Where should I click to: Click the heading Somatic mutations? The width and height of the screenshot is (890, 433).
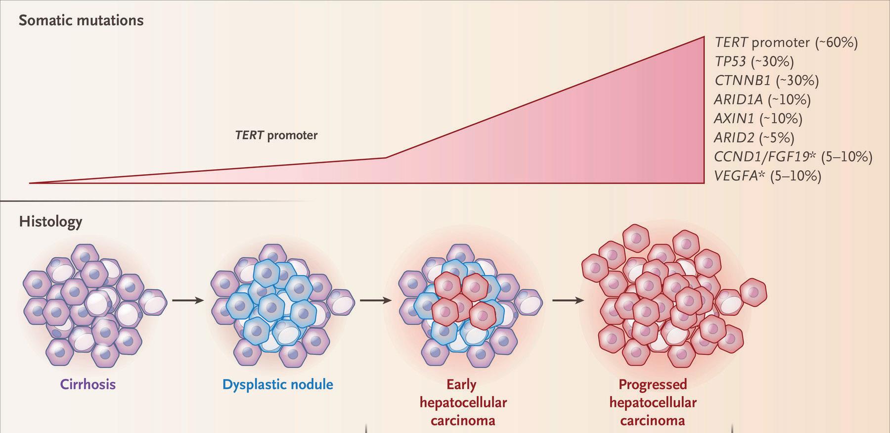coord(81,21)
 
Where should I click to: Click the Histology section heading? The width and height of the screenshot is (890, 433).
coord(50,221)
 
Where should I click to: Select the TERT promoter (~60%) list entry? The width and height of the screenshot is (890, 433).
coord(786,43)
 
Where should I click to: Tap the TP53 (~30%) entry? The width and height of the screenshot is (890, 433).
coord(754,61)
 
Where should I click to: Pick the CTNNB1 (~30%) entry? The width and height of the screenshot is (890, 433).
coord(766,80)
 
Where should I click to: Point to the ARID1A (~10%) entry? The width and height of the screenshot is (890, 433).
coord(762,99)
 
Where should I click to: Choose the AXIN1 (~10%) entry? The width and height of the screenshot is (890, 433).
coord(758,118)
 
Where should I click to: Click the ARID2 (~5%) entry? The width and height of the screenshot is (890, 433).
coord(754,138)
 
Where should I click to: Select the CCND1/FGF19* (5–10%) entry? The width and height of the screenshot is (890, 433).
coord(793,157)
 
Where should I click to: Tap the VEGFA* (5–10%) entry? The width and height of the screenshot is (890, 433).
coord(767,176)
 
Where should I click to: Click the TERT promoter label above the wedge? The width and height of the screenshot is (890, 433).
coord(276,135)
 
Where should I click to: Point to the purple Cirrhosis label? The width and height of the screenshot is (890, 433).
coord(88,385)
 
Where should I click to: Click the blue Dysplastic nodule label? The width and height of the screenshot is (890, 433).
coord(277,385)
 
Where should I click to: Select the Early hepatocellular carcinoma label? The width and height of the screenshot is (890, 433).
coord(463,402)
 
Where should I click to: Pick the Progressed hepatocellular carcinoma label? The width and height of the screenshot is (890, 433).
coord(653,402)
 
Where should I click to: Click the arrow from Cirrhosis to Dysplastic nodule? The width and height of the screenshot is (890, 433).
coord(188,300)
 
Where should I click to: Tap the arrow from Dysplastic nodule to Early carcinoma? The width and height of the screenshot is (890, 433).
coord(375,300)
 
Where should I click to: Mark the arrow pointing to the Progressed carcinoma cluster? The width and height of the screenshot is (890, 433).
coord(568,300)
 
